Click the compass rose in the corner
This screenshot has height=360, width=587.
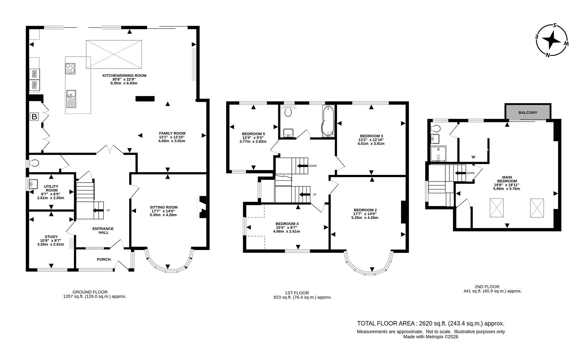point(552,40)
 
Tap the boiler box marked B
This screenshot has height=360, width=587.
point(34,117)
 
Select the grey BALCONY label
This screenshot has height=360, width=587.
point(528,112)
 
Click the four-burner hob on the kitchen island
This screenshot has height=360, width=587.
point(70,68)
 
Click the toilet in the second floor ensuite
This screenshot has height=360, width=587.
point(436,128)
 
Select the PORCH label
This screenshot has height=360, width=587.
point(104,259)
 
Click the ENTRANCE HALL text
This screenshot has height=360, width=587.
point(103,230)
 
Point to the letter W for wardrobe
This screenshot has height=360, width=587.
point(473,157)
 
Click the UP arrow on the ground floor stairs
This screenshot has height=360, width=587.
point(98,210)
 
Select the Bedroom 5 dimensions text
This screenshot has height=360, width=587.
point(253,139)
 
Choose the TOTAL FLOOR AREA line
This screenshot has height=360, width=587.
point(430,323)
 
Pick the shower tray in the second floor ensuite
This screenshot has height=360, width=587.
point(438,154)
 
